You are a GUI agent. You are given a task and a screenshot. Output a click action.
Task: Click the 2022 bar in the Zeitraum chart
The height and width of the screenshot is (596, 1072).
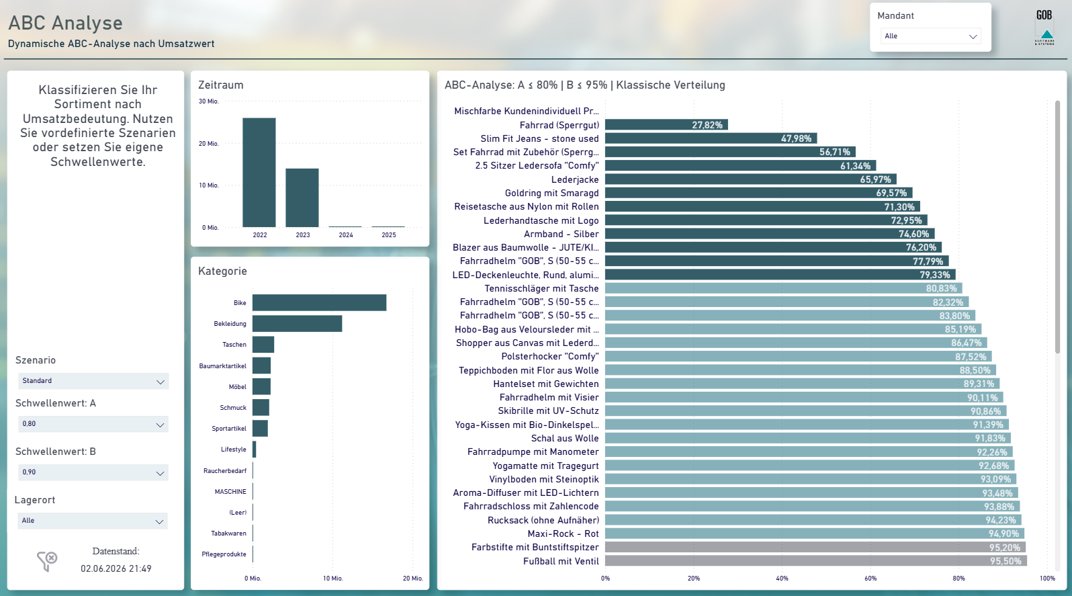[259, 172]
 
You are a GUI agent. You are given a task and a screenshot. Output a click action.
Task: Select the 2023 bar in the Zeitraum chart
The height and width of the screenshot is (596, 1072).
[302, 198]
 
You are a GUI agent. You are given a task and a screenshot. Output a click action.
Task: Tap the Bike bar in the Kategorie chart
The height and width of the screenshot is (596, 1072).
[319, 302]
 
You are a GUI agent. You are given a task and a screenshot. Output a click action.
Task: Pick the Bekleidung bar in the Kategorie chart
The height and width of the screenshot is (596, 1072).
[297, 324]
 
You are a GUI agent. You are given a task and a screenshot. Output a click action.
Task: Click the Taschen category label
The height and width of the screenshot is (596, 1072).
[234, 345]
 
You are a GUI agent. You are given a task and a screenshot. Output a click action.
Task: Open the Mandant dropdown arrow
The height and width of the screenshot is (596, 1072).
[973, 36]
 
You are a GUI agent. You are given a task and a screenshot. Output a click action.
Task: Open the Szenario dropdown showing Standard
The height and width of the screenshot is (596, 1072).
[93, 381]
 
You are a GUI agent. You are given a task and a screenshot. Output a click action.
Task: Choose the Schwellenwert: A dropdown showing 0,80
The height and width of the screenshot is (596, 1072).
[93, 424]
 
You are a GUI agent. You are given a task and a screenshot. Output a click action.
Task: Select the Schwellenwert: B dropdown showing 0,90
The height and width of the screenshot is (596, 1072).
[93, 472]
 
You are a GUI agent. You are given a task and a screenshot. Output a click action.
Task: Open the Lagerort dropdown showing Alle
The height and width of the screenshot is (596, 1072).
[93, 521]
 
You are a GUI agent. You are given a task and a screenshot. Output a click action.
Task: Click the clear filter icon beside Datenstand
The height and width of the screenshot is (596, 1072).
[47, 561]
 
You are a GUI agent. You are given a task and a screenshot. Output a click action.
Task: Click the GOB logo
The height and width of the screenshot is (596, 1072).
[1044, 28]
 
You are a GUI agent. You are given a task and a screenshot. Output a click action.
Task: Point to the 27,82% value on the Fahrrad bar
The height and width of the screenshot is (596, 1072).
[707, 125]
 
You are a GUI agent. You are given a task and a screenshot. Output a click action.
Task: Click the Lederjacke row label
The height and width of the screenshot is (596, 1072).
[575, 179]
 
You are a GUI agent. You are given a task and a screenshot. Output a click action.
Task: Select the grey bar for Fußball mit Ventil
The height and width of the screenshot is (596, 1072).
[816, 560]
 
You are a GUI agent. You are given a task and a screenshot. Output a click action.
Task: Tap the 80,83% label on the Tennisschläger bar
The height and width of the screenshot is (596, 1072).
[941, 289]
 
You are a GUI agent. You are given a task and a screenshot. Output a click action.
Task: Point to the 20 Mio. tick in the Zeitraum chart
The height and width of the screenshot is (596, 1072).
[209, 144]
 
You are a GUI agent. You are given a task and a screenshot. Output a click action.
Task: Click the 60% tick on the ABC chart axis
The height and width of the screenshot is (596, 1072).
[870, 579]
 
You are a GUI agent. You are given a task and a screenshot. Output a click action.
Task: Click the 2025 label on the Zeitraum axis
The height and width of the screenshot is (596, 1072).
[389, 235]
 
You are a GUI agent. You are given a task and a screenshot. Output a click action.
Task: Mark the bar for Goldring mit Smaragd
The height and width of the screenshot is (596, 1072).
[759, 193]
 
